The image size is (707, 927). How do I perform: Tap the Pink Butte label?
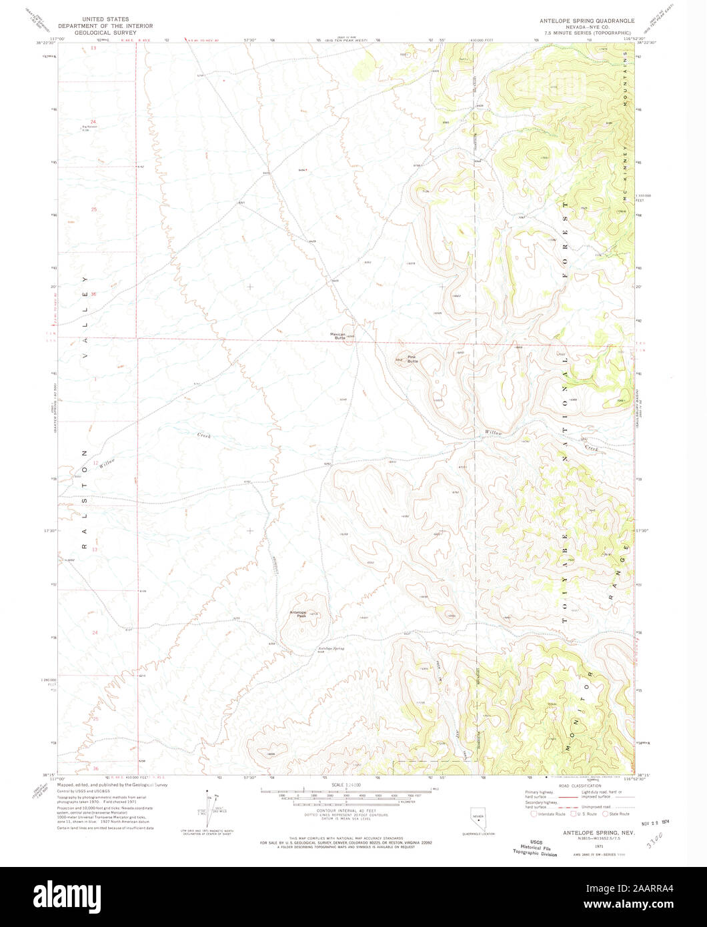[x=412, y=359]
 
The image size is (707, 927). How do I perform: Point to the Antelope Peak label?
[x=297, y=614]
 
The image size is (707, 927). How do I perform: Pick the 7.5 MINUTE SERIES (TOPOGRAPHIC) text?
[x=587, y=32]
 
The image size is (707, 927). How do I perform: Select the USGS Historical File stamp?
[x=535, y=847]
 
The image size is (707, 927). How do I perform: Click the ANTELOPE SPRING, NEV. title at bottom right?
[x=590, y=832]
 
